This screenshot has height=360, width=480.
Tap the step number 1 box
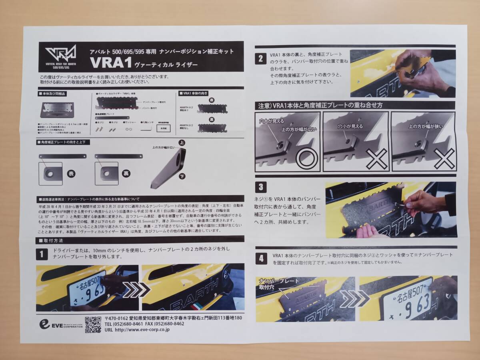pyautogui.click(x=42, y=254)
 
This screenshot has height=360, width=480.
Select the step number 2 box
pyautogui.click(x=260, y=59)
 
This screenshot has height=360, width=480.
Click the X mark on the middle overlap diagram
pyautogui.click(x=377, y=159)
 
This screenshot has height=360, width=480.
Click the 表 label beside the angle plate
pyautogui.click(x=71, y=174)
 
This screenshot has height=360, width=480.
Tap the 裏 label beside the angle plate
pyautogui.click(x=126, y=174)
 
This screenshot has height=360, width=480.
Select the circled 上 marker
pyautogui.click(x=182, y=142)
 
